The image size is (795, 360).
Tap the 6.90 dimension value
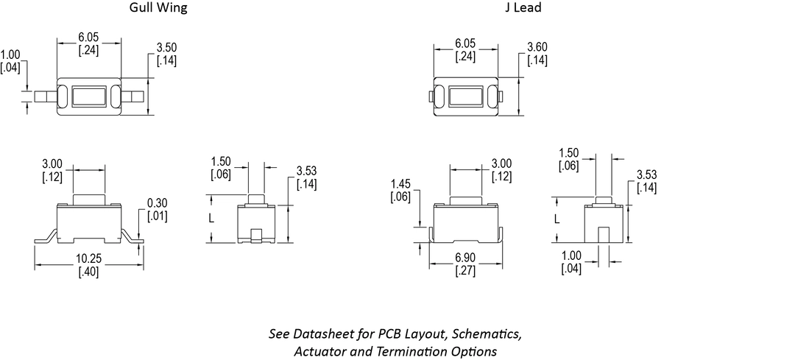click(x=464, y=258)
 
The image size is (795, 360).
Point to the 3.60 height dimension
click(x=537, y=48)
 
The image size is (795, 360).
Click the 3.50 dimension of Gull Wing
click(x=166, y=48)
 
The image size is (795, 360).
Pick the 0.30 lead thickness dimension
click(x=158, y=203)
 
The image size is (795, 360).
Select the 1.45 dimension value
click(x=400, y=184)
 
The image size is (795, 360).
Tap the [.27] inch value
click(x=464, y=271)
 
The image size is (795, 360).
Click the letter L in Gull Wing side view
click(x=211, y=219)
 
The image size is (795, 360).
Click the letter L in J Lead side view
click(x=556, y=219)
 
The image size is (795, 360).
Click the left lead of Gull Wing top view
click(x=46, y=96)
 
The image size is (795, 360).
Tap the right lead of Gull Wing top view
click(x=134, y=96)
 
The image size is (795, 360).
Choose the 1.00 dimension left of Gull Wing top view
click(x=10, y=55)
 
